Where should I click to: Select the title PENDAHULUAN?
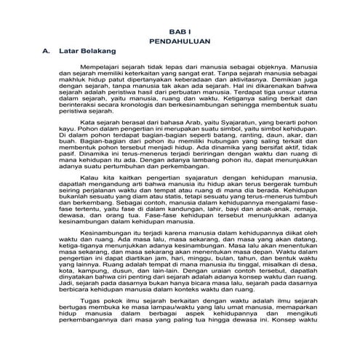point(180,43)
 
